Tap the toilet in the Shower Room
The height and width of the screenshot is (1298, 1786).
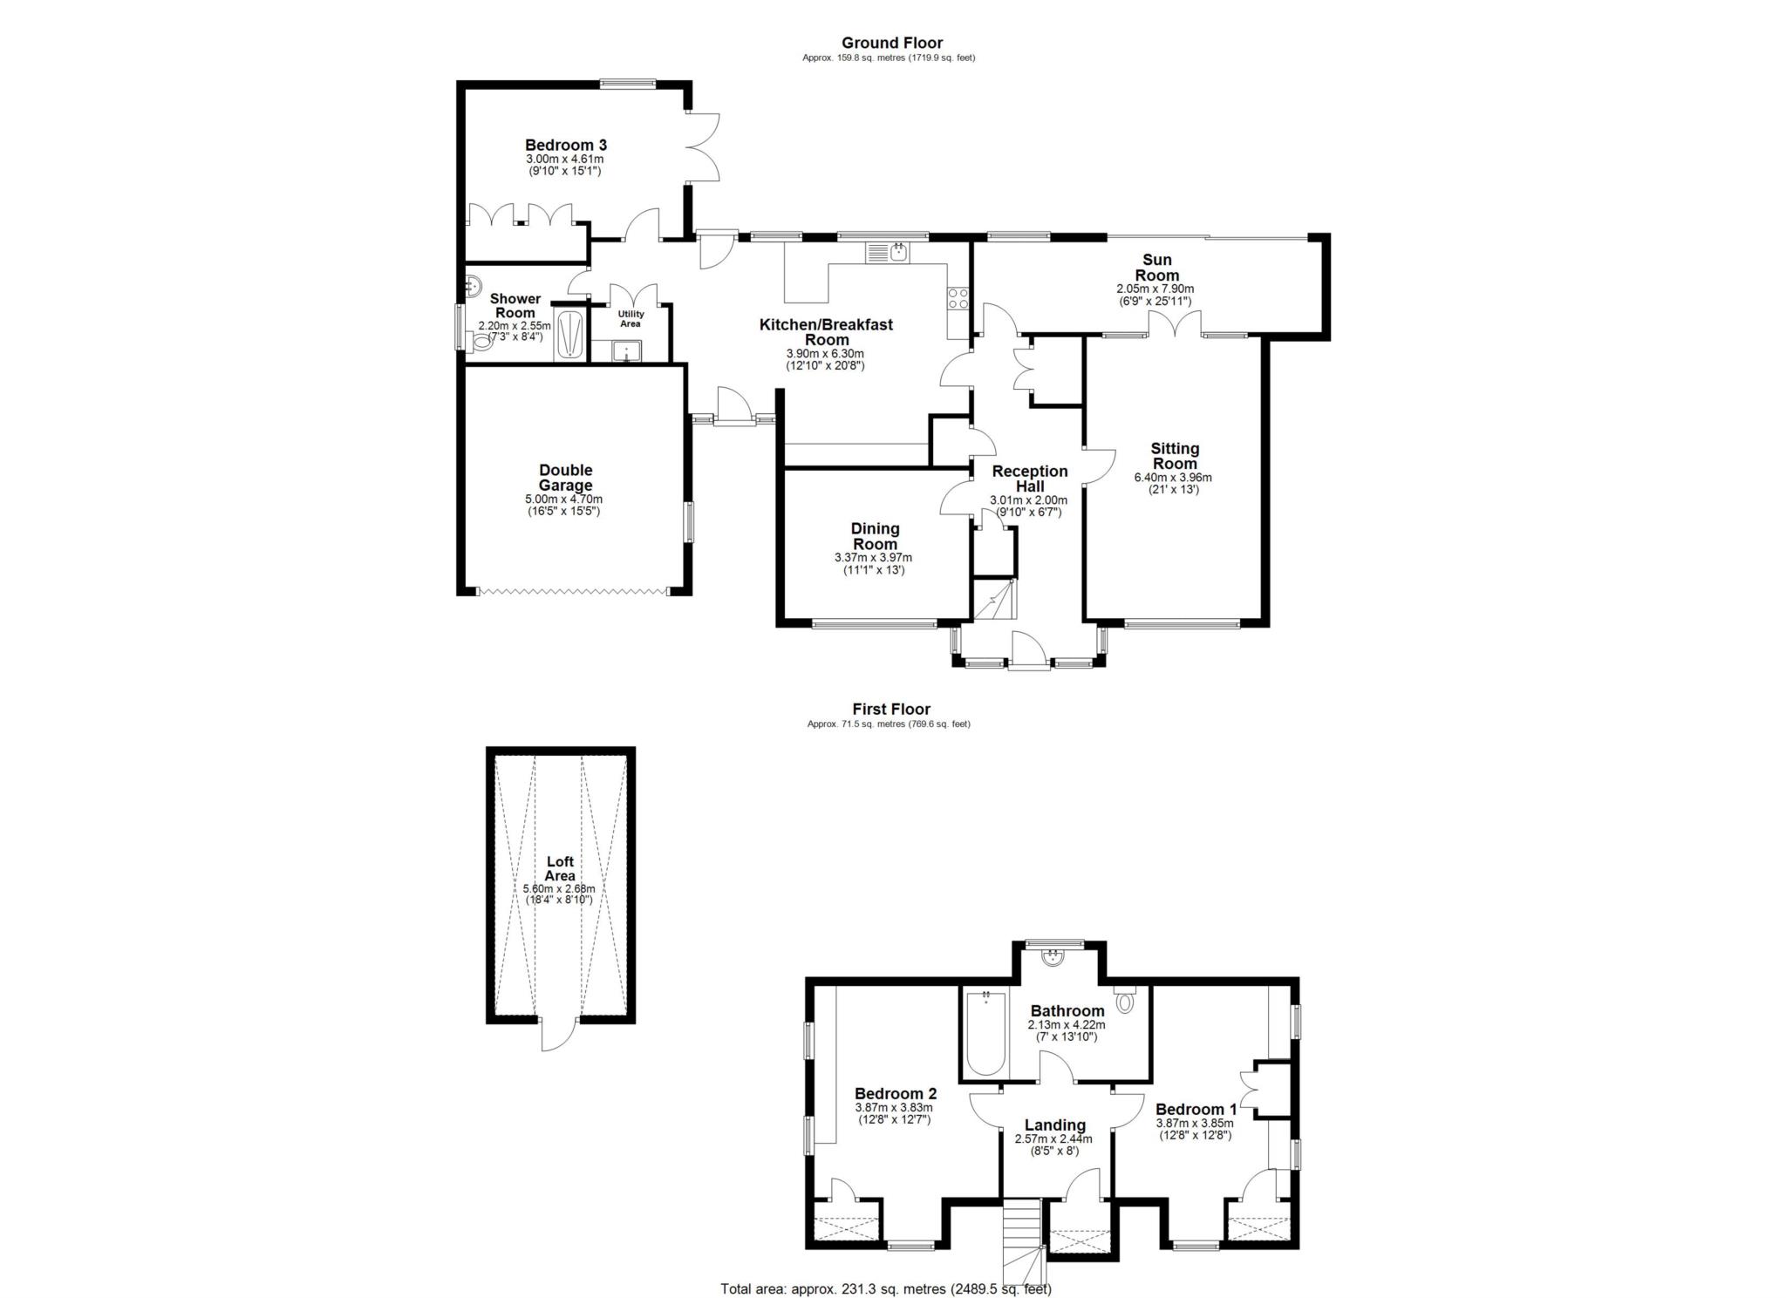pyautogui.click(x=481, y=343)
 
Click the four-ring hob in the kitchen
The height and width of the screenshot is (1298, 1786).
pyautogui.click(x=958, y=298)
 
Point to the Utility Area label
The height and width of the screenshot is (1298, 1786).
pyautogui.click(x=631, y=319)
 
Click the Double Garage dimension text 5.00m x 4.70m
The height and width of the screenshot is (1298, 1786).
pyautogui.click(x=563, y=499)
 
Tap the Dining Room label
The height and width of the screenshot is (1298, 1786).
pyautogui.click(x=875, y=536)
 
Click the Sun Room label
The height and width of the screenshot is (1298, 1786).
pyautogui.click(x=1156, y=267)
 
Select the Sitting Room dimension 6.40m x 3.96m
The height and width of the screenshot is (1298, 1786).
pyautogui.click(x=1173, y=478)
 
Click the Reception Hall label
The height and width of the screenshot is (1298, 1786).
pyautogui.click(x=1029, y=479)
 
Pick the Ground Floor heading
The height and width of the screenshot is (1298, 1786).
pyautogui.click(x=891, y=43)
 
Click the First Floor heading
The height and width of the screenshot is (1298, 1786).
pyautogui.click(x=891, y=710)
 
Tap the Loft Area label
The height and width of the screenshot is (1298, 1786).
pyautogui.click(x=560, y=868)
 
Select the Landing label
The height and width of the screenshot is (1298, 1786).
pyautogui.click(x=1054, y=1125)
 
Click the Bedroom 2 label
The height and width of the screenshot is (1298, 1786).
pyautogui.click(x=895, y=1093)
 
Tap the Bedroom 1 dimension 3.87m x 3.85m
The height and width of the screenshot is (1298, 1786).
pyautogui.click(x=1195, y=1124)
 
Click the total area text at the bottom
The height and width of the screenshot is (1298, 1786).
pyautogui.click(x=886, y=1288)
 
